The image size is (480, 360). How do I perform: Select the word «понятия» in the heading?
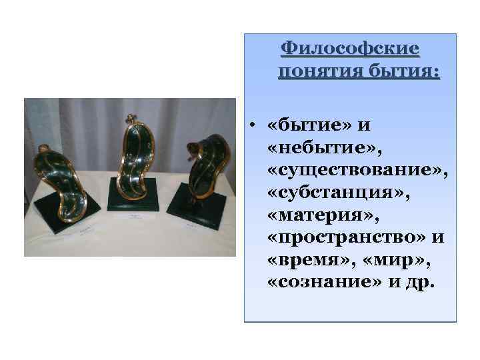(x=317, y=71)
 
